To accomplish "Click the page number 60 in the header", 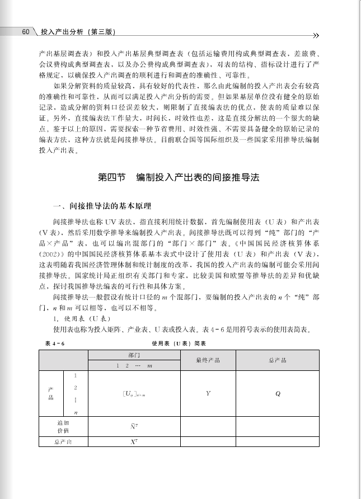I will (x=25, y=32).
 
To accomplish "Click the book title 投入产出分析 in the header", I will (x=60, y=32).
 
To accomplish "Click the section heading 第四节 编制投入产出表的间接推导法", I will (x=179, y=177).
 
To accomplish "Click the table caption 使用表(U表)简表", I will (x=179, y=343).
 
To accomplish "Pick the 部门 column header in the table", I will (x=134, y=355).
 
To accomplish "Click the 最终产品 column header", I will (x=208, y=360).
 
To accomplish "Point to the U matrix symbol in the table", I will (x=134, y=394).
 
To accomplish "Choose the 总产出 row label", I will (x=63, y=441).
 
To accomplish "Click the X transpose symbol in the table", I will (x=134, y=441).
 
